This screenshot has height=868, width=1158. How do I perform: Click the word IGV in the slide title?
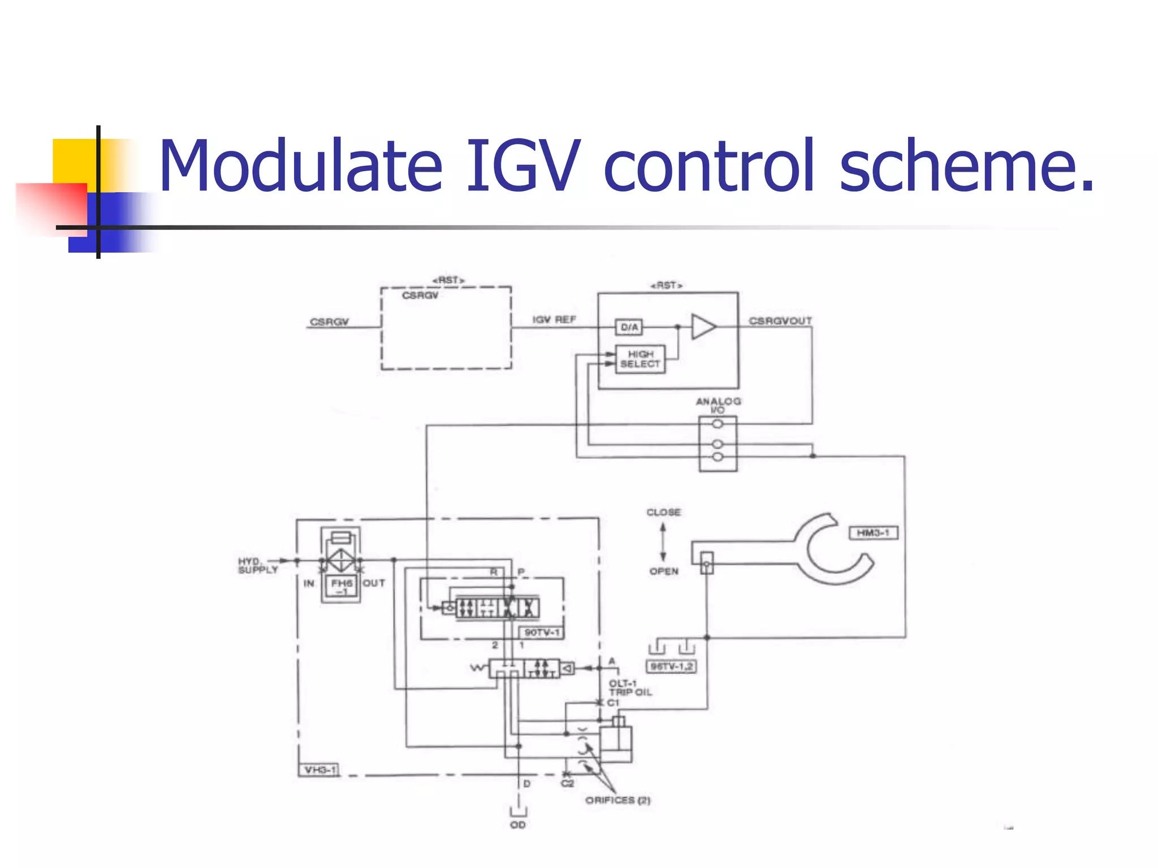tap(522, 167)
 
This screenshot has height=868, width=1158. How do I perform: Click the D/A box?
tap(629, 327)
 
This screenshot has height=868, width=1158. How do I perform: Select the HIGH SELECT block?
tap(640, 359)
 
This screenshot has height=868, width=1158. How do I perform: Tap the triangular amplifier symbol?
tap(703, 327)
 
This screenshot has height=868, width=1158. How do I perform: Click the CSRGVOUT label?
tap(780, 321)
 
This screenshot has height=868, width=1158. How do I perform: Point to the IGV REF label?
tap(554, 320)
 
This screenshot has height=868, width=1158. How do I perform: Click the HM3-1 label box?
tap(873, 533)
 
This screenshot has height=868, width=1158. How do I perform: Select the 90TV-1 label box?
tap(541, 632)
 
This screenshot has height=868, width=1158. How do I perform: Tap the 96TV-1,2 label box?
tap(671, 667)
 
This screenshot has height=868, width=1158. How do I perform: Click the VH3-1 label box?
tap(319, 770)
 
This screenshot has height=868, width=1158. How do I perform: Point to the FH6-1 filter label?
tap(342, 586)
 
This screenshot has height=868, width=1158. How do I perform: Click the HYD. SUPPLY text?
tap(257, 565)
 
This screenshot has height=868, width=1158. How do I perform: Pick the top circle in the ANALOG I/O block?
tap(718, 424)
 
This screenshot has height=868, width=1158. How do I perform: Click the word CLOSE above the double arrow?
tap(663, 513)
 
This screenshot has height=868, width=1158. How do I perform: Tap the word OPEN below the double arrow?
tap(663, 571)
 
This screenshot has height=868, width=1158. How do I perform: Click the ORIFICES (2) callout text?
tap(617, 800)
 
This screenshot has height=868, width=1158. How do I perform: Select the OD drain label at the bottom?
tap(517, 825)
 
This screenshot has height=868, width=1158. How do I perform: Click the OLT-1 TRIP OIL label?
tap(630, 688)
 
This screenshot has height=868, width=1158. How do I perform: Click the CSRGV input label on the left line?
tap(329, 322)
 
